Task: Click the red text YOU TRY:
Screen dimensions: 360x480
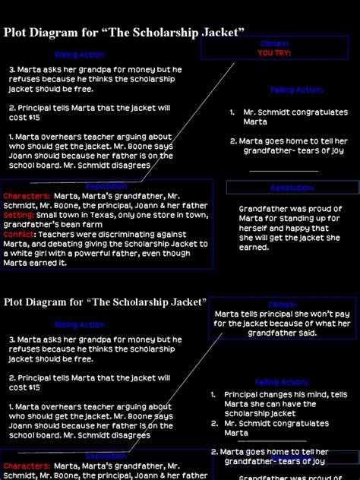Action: (274, 53)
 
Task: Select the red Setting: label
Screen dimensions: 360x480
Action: (18, 215)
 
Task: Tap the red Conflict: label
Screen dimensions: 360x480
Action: (20, 235)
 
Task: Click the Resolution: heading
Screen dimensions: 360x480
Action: (292, 188)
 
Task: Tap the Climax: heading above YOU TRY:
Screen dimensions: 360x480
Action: (274, 45)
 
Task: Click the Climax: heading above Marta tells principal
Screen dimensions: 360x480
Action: (282, 305)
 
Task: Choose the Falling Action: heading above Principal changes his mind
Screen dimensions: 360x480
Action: (282, 382)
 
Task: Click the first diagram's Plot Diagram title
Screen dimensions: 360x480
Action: (124, 32)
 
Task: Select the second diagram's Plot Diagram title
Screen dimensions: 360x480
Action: (106, 302)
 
